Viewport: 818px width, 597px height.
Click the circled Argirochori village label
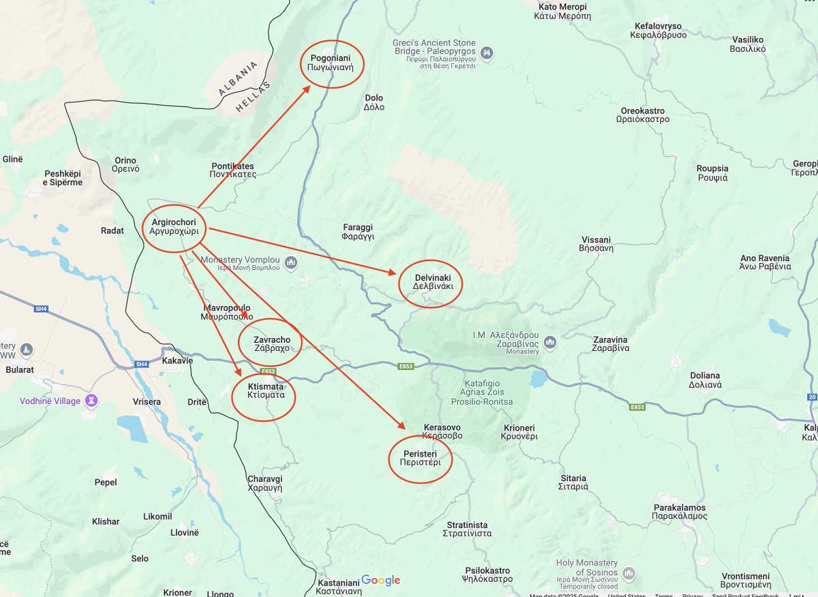coord(174,227)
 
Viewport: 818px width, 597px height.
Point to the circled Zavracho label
coord(272,343)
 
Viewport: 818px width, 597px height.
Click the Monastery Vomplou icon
coord(291,262)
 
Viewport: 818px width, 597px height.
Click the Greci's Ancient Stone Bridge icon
coord(487,53)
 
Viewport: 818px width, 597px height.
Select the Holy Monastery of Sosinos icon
coord(628,572)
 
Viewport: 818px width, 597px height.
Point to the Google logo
coord(380,580)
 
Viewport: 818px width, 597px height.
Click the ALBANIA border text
coord(238,79)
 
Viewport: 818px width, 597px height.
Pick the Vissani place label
coord(596,244)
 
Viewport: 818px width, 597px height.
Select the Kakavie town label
coord(177,361)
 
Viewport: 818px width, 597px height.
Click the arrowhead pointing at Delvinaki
coord(393,273)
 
